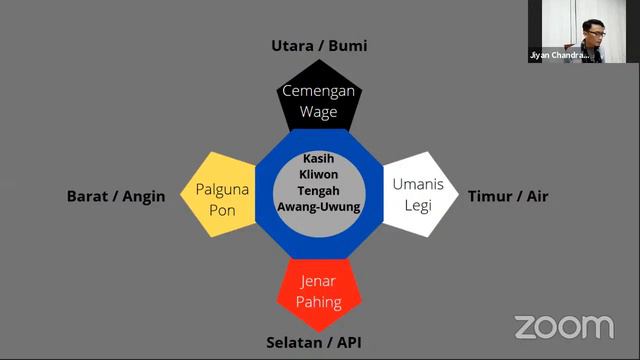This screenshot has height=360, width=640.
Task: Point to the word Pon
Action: (x=222, y=210)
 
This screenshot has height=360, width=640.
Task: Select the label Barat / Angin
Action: (x=116, y=196)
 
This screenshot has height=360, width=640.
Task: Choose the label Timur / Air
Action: (x=508, y=196)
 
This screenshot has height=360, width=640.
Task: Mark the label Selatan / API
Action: (x=314, y=343)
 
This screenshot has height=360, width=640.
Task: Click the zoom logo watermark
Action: (x=564, y=327)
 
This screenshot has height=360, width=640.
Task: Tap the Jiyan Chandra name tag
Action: (x=554, y=57)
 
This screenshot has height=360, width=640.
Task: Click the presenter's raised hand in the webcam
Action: (x=573, y=43)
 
